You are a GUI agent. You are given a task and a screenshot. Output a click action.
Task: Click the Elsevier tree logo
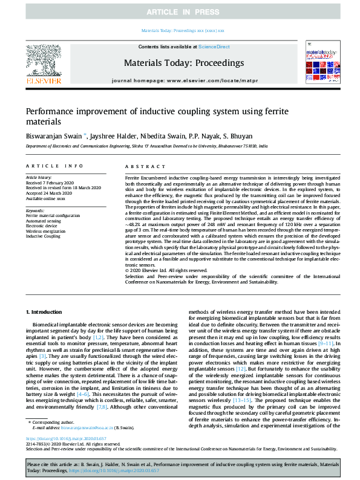click(x=43, y=62)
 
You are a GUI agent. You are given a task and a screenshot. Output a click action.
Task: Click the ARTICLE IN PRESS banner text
click(x=180, y=12)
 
